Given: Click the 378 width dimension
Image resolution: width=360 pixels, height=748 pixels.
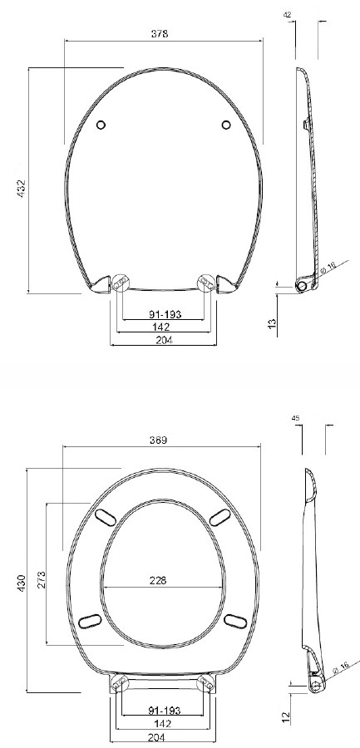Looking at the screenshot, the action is click(x=160, y=34).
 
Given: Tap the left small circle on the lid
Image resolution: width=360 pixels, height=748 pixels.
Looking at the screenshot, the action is click(x=101, y=125).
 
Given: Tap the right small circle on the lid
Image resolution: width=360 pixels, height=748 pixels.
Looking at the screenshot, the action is click(x=226, y=125).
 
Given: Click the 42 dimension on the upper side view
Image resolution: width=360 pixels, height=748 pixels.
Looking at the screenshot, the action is click(x=288, y=15).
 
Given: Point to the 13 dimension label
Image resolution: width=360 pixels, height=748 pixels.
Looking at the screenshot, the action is click(x=272, y=323).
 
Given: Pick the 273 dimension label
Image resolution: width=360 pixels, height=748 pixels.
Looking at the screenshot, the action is click(x=42, y=580).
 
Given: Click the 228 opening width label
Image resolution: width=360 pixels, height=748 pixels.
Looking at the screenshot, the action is click(x=158, y=580).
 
